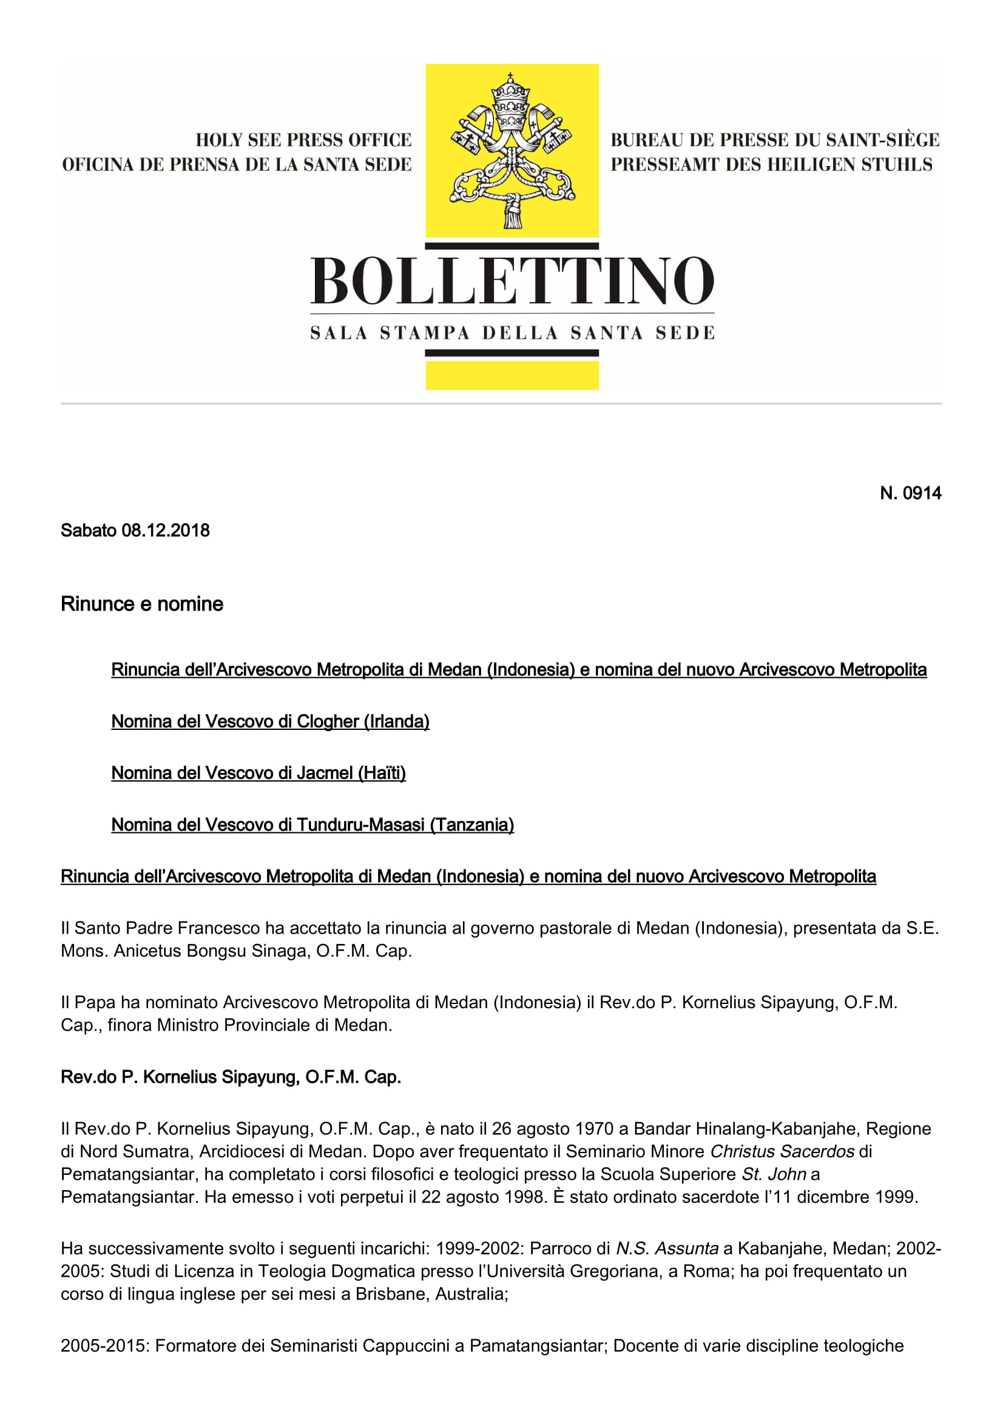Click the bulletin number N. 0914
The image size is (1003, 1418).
910,493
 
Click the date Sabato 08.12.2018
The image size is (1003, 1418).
135,530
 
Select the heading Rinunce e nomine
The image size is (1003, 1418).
141,603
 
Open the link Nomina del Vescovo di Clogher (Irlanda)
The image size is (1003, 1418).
270,721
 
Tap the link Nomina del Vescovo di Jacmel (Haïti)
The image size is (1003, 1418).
258,772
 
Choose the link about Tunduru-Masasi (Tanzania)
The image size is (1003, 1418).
312,824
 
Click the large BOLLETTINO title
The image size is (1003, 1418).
512,281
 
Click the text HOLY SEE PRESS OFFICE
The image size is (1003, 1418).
303,140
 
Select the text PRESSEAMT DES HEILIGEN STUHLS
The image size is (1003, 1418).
771,165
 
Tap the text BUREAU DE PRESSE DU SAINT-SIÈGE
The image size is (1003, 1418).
774,140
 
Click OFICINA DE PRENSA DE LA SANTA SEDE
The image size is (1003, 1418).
237,165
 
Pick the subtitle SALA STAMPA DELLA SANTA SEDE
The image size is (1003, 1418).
512,333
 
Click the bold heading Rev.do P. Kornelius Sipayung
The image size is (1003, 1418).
231,1077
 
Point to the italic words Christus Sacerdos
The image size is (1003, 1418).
782,1151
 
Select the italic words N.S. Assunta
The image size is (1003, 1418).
667,1248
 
